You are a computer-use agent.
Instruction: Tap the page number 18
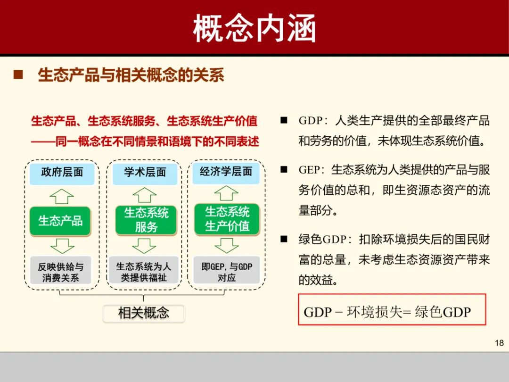click(499, 343)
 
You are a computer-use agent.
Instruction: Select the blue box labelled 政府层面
click(62, 173)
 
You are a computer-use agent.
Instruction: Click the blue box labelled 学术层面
click(145, 173)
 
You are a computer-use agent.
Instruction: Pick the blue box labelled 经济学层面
click(226, 172)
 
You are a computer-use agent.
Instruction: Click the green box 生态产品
click(60, 221)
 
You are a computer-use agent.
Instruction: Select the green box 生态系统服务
click(146, 220)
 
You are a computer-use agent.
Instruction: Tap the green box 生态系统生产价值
click(227, 219)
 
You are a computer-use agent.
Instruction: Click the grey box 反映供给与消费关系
click(61, 272)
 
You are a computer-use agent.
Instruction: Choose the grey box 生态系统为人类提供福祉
click(144, 272)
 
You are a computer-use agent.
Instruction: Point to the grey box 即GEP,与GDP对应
click(227, 272)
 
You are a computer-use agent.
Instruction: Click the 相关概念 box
click(144, 313)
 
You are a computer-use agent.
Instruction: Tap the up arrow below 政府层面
click(62, 196)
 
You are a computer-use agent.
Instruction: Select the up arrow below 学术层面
click(144, 195)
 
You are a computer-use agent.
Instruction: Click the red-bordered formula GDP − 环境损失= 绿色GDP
click(392, 310)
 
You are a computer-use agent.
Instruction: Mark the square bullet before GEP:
click(284, 169)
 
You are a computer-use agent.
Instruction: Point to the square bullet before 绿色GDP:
click(284, 239)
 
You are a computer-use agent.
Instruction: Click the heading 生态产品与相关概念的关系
click(131, 75)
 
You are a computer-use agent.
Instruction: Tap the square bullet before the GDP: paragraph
click(284, 120)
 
